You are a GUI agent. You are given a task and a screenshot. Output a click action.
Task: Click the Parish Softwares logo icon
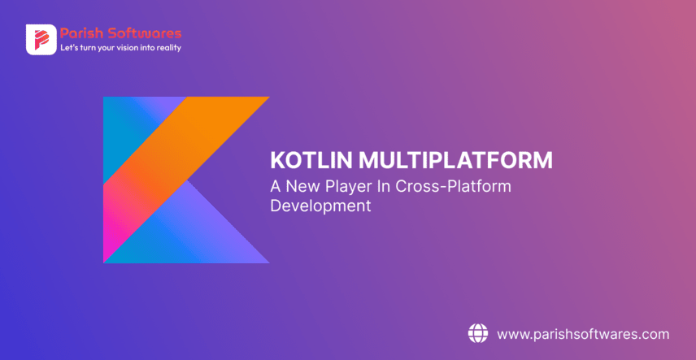41,40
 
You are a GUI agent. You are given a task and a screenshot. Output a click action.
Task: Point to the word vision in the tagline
128,48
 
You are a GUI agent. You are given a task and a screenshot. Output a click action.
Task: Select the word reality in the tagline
167,48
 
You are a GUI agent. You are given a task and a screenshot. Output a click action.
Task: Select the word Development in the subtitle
320,206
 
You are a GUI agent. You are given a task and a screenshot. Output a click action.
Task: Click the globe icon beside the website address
477,333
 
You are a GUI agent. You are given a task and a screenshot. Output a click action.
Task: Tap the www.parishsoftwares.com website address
582,334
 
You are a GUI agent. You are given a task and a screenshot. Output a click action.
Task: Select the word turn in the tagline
85,48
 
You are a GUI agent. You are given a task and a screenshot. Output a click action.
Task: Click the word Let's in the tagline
67,48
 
